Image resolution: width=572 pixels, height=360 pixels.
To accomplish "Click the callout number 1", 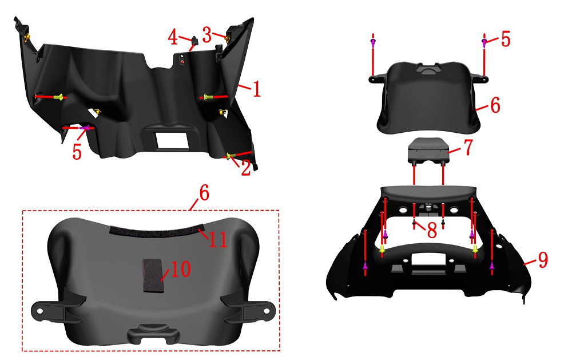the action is [x=257, y=89].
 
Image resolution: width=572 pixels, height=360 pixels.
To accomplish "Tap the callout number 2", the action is [x=246, y=168].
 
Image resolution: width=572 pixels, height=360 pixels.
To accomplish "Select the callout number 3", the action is [x=207, y=36].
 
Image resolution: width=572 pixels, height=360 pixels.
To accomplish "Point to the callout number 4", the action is [x=173, y=37].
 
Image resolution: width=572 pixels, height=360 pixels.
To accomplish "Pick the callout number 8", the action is [x=432, y=231].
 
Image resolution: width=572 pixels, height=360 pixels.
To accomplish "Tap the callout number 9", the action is [x=543, y=260].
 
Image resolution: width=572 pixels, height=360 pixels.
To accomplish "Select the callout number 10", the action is [x=180, y=269].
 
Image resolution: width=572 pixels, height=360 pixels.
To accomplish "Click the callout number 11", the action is [x=218, y=240].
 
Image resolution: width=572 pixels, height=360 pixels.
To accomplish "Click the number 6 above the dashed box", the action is [x=204, y=193].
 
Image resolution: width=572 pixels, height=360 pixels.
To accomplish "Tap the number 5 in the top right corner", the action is [x=505, y=39].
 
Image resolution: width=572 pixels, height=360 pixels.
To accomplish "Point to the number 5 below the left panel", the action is [x=77, y=152].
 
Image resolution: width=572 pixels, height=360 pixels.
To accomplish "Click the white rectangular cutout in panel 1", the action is [x=172, y=140].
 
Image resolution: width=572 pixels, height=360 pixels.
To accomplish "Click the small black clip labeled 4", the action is [x=194, y=41].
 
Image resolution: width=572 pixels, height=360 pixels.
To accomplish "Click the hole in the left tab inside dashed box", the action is [x=40, y=311].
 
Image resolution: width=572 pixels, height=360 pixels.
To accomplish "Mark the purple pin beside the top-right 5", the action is [x=484, y=42].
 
